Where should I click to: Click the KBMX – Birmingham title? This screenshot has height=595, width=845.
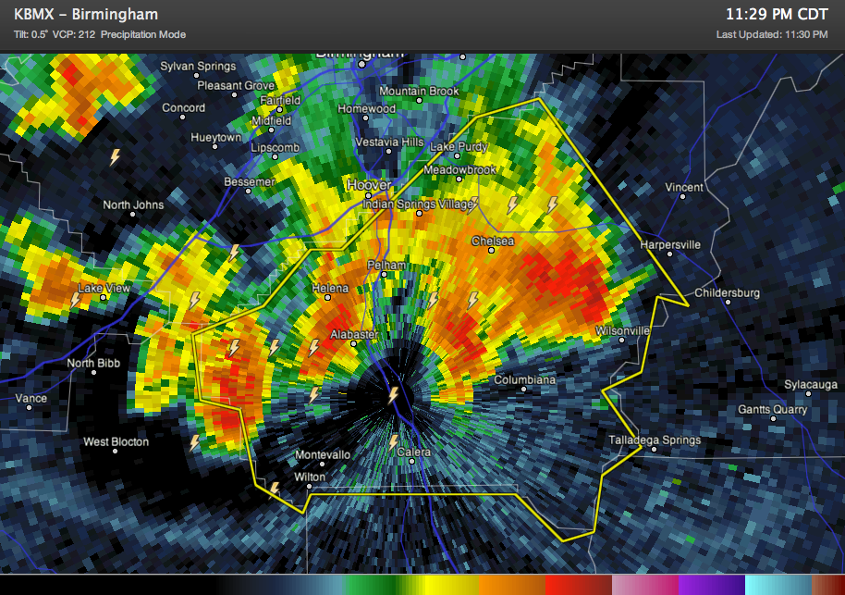click(86, 15)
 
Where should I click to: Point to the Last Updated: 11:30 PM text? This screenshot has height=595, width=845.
click(771, 34)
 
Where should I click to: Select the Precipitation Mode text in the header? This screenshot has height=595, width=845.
click(143, 34)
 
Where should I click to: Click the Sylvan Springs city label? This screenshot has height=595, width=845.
click(198, 67)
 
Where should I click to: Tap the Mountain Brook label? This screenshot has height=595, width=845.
click(419, 92)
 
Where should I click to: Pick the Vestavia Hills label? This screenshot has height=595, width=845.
click(391, 143)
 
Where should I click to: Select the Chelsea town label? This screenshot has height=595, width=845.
click(493, 241)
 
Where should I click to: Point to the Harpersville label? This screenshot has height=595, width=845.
click(670, 245)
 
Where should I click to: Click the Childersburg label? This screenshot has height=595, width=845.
click(727, 293)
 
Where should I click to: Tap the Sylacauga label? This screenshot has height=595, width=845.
click(810, 384)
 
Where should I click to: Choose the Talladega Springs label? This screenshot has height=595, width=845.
click(655, 440)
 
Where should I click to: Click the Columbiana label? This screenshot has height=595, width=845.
click(524, 380)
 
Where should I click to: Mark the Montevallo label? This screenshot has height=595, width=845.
click(323, 455)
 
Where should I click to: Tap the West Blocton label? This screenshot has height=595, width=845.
click(116, 442)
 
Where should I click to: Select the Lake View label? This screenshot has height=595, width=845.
click(104, 289)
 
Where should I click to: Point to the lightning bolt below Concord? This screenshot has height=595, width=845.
click(116, 157)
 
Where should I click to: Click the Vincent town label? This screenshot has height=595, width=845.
click(684, 188)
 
